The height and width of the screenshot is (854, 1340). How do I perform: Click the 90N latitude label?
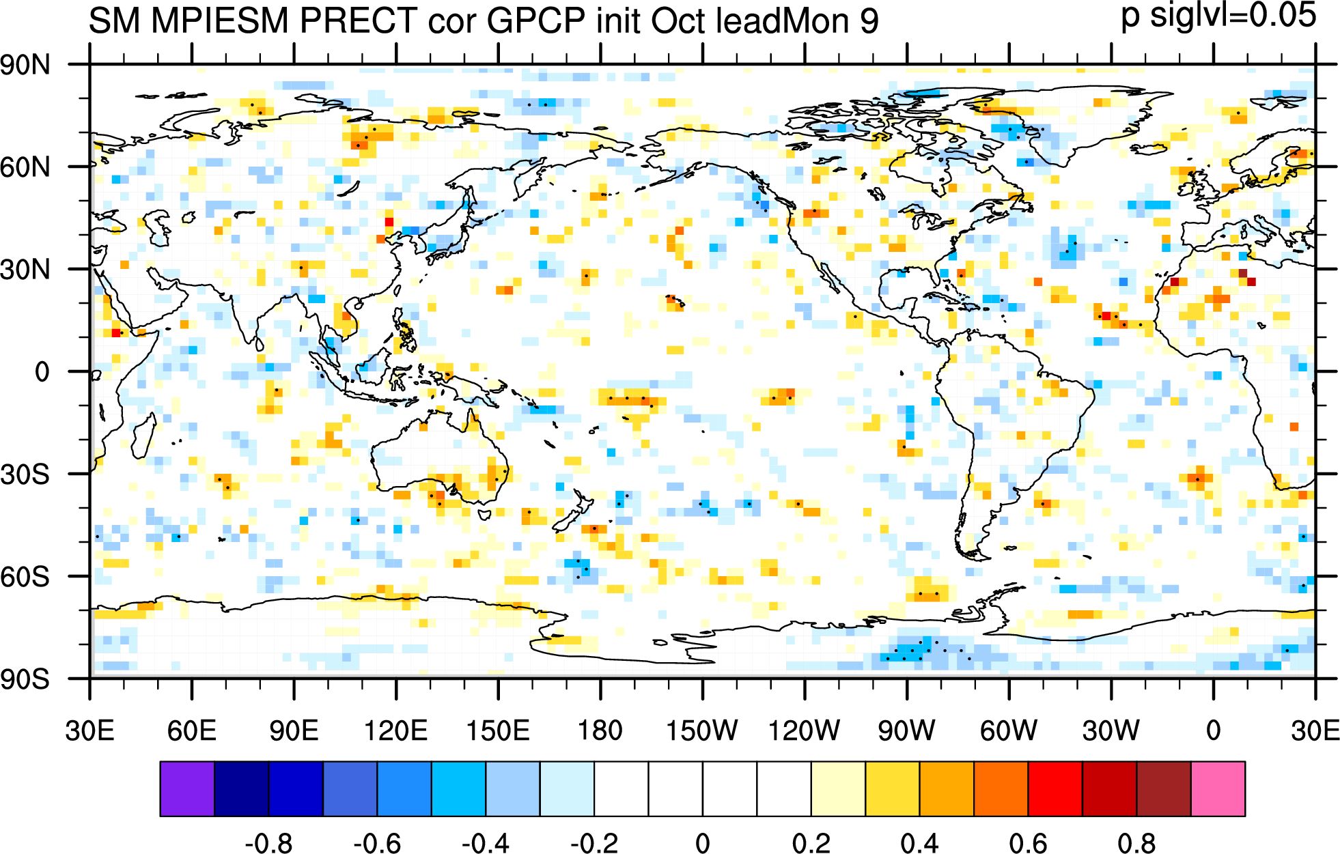tap(25, 66)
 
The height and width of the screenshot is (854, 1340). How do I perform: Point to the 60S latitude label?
tap(25, 577)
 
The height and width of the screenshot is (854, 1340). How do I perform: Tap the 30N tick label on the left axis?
tap(25, 270)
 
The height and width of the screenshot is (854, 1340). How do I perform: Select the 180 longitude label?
tap(600, 730)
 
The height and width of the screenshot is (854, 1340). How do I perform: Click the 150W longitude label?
tap(702, 730)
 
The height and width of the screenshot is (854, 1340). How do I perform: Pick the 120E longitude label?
tap(396, 730)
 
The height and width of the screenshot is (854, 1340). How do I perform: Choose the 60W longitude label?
tap(1009, 730)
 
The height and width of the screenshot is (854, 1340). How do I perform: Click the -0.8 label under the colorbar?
tap(268, 844)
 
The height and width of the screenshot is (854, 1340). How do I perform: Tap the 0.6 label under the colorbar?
tap(1028, 844)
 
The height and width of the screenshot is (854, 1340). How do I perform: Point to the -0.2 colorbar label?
tap(594, 844)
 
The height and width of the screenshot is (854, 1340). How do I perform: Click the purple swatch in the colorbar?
tap(187, 788)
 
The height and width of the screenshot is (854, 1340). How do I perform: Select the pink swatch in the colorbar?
tap(1218, 788)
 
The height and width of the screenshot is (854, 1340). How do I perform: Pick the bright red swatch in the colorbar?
tap(1055, 788)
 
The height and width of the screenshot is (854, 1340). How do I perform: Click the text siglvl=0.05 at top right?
tap(1233, 15)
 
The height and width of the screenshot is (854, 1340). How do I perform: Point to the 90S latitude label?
tap(25, 679)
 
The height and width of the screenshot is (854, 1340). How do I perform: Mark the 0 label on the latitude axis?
tap(42, 372)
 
